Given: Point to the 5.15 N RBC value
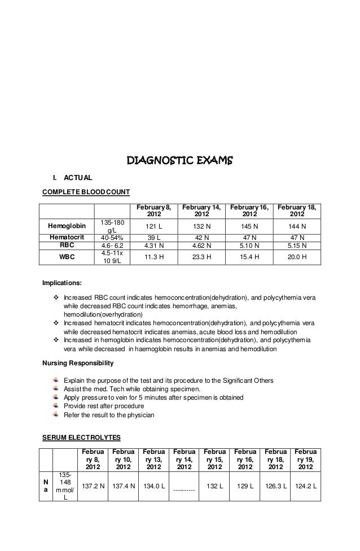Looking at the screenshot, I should pyautogui.click(x=297, y=246).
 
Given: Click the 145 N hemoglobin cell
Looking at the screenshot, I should pyautogui.click(x=249, y=226).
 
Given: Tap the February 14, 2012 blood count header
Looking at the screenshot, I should pyautogui.click(x=201, y=211).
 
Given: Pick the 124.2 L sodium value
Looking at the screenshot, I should pyautogui.click(x=305, y=486).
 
